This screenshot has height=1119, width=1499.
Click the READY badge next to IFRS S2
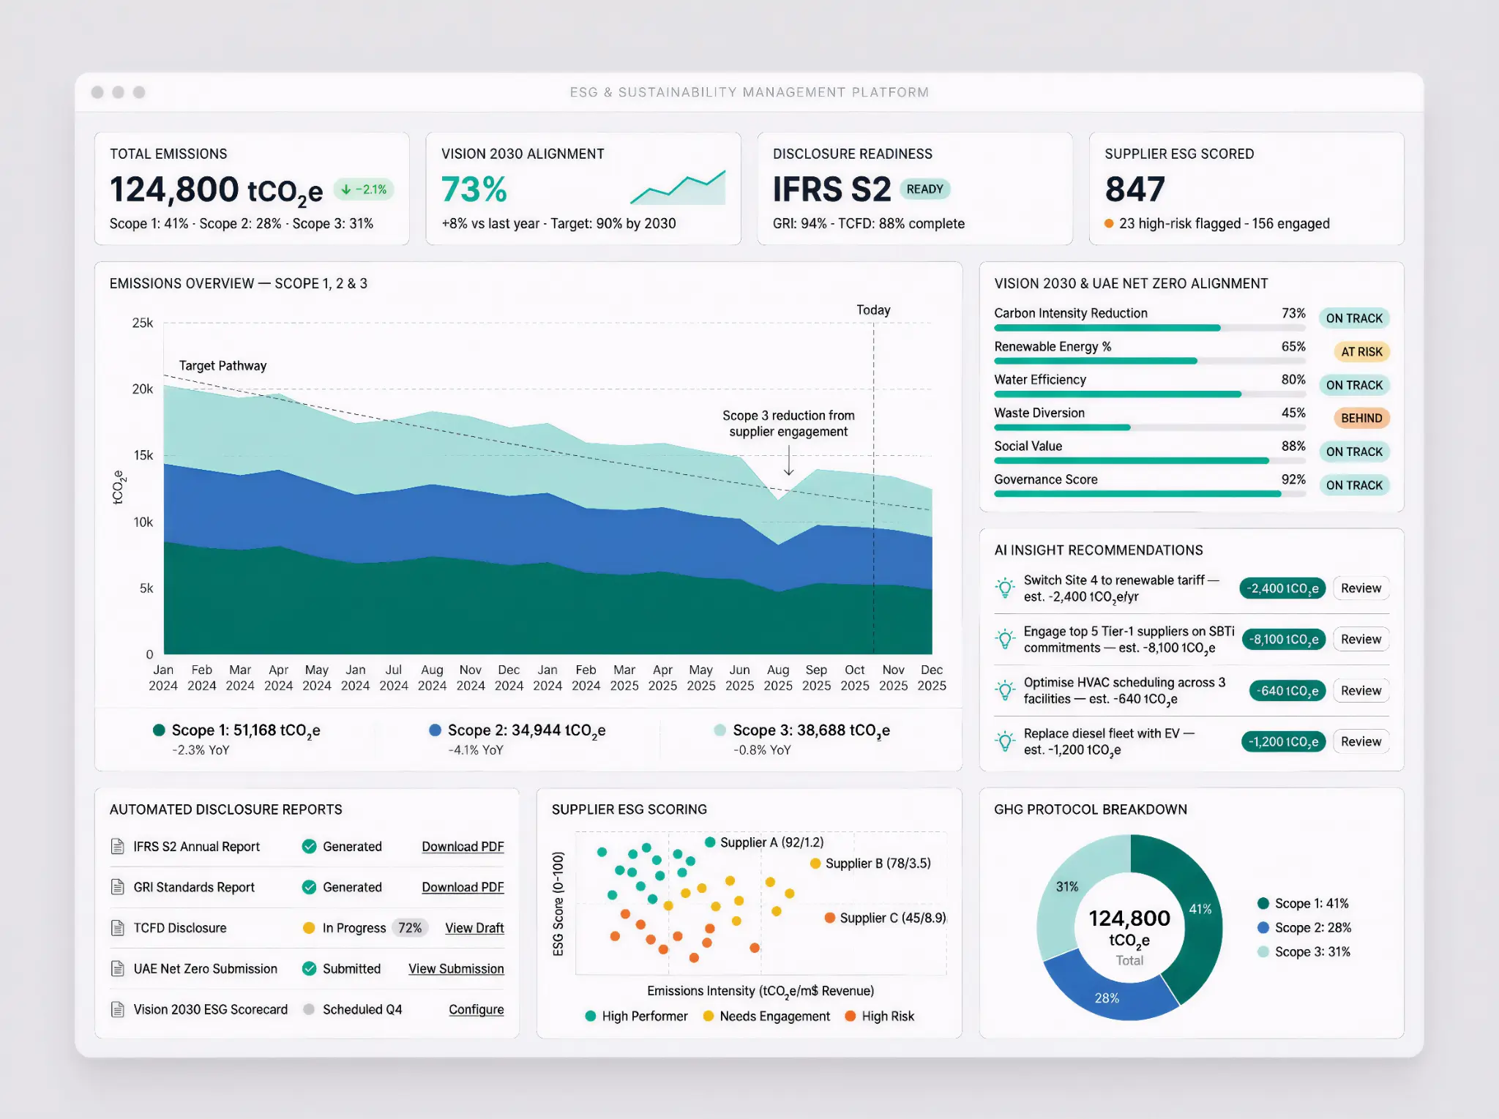point(924,190)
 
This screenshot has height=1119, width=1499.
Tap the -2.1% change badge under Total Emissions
point(365,190)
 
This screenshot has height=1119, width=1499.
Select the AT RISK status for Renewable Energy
point(1361,352)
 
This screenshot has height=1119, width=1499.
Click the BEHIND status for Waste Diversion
point(1361,419)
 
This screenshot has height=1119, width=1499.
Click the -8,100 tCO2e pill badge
point(1283,640)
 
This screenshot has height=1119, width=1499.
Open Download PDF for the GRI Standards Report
point(463,887)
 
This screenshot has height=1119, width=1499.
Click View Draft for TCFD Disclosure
point(474,928)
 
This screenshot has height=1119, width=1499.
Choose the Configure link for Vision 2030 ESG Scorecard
point(476,1009)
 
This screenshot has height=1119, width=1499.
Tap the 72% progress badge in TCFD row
point(410,928)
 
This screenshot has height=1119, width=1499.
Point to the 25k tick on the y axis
point(143,323)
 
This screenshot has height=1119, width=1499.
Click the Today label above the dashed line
point(873,310)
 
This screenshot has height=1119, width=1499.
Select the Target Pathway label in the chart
point(223,366)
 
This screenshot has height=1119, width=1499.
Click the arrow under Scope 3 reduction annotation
point(788,462)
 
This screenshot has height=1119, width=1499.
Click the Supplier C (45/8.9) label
point(891,918)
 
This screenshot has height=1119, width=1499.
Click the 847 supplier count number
point(1134,190)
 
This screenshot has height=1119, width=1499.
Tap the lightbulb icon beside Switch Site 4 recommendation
point(1005,588)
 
